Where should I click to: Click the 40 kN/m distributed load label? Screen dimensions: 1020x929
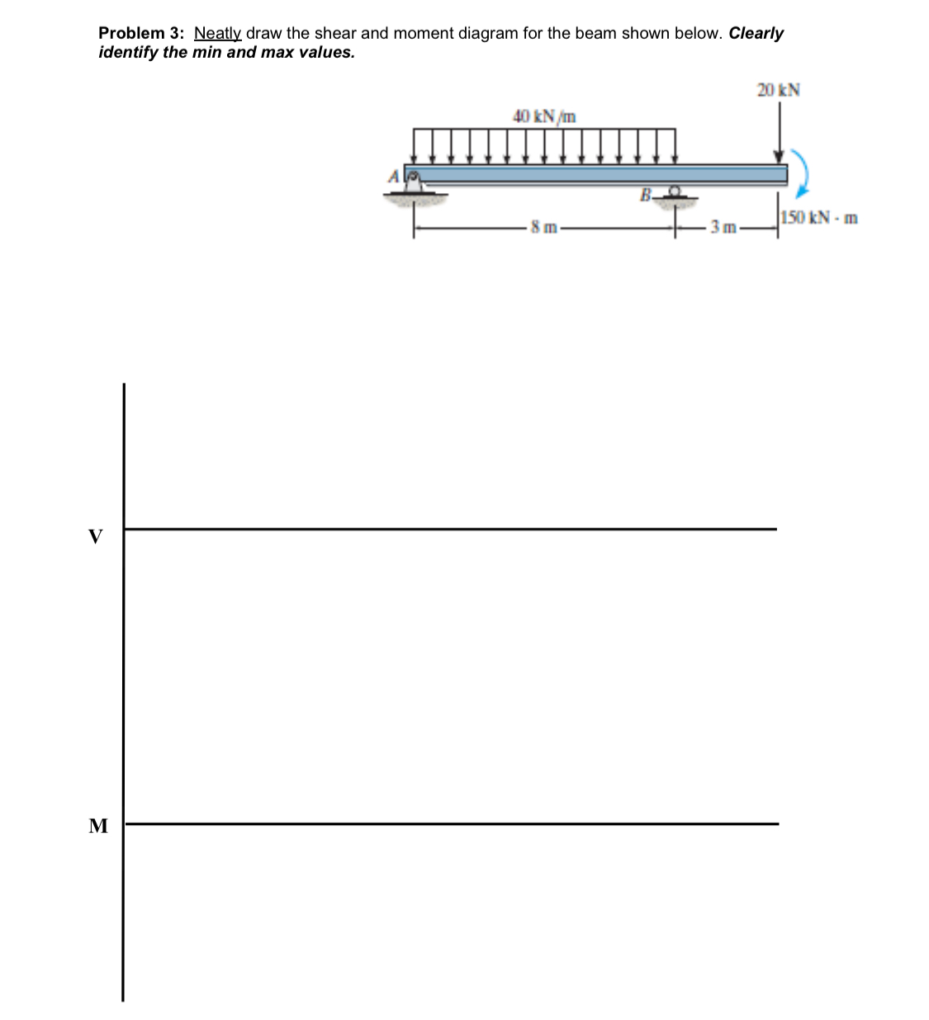pos(544,116)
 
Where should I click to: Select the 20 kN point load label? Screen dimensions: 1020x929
pos(778,90)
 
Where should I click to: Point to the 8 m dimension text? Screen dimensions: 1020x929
pos(545,227)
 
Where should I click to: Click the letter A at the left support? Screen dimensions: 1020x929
pos(394,176)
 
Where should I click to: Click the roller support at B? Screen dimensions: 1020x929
pos(676,194)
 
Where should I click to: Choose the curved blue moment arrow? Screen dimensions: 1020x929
pos(801,173)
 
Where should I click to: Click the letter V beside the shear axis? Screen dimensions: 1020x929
pos(97,537)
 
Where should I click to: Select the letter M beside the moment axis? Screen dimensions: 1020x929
pos(98,825)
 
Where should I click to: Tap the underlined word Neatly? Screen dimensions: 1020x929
pos(217,34)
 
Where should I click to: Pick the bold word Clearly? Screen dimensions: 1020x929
pos(756,34)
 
